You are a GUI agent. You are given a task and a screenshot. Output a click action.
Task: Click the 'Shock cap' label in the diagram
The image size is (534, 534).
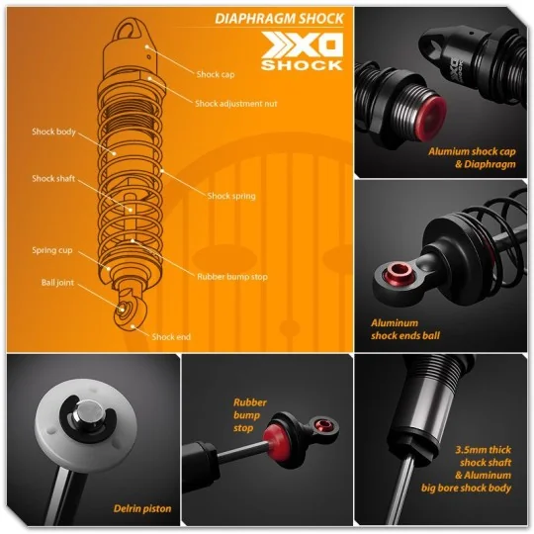click(215, 74)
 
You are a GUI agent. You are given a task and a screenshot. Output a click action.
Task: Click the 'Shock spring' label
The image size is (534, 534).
click(231, 196)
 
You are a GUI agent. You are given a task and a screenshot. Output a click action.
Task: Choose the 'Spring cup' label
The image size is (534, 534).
click(50, 250)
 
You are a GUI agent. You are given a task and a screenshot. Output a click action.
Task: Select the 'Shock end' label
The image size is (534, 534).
click(171, 336)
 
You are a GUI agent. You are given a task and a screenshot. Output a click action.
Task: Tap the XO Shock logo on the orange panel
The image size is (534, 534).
click(301, 52)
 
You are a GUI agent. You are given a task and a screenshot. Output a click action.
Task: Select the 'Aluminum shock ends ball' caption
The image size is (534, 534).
click(405, 328)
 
